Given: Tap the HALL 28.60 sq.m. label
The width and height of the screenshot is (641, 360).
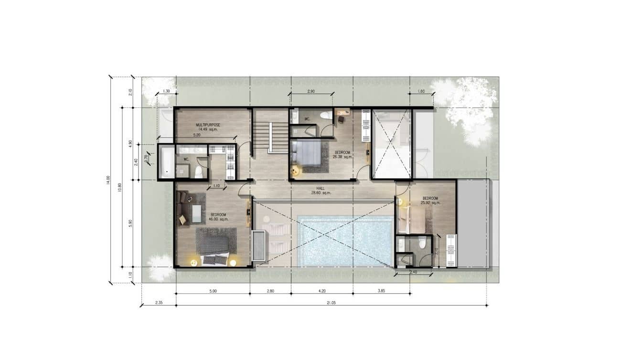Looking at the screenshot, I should [x=320, y=191].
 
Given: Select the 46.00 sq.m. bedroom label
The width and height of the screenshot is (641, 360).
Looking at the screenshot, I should [x=218, y=217].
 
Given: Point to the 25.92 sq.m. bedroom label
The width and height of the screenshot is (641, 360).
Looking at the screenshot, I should [x=430, y=201].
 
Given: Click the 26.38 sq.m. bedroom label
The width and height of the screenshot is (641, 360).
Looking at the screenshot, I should [x=342, y=154].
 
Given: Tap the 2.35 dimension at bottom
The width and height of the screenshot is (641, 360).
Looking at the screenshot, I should [x=158, y=302].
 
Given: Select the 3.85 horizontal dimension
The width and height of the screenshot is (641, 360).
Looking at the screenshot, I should [x=381, y=291].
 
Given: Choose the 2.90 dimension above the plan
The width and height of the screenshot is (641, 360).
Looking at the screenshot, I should [x=311, y=91].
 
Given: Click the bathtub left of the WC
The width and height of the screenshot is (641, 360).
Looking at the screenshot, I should [x=166, y=161].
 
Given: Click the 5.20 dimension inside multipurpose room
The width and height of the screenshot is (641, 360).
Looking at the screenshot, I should [x=197, y=135].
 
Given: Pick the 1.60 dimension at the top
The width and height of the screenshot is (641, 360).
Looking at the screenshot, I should [x=421, y=91].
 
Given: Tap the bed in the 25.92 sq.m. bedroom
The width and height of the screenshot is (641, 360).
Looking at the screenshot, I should [x=410, y=219].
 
